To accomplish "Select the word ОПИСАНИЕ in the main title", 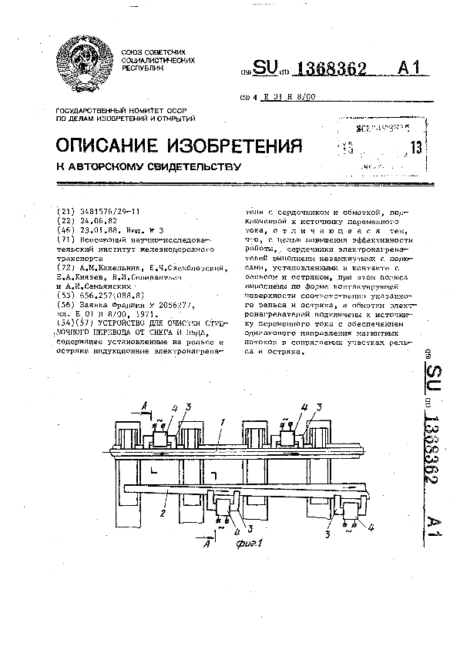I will [x=119, y=146].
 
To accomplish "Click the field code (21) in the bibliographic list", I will [x=67, y=211].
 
